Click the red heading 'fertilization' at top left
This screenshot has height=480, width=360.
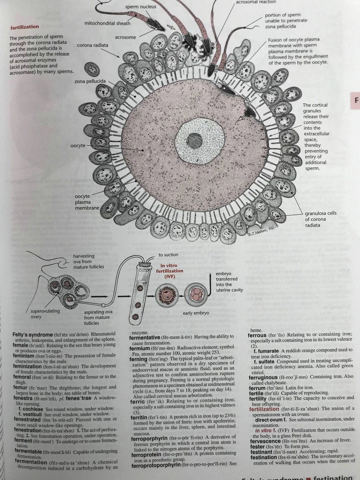(24, 27)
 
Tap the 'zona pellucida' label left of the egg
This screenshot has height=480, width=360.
(90, 82)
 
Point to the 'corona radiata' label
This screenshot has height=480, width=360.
(92, 45)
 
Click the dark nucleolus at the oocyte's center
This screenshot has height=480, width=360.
(194, 141)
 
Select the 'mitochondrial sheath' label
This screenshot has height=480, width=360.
(108, 23)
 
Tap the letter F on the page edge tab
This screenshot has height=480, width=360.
(355, 100)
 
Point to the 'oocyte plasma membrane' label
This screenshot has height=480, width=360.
(87, 202)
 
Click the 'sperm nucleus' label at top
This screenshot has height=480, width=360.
(140, 7)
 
